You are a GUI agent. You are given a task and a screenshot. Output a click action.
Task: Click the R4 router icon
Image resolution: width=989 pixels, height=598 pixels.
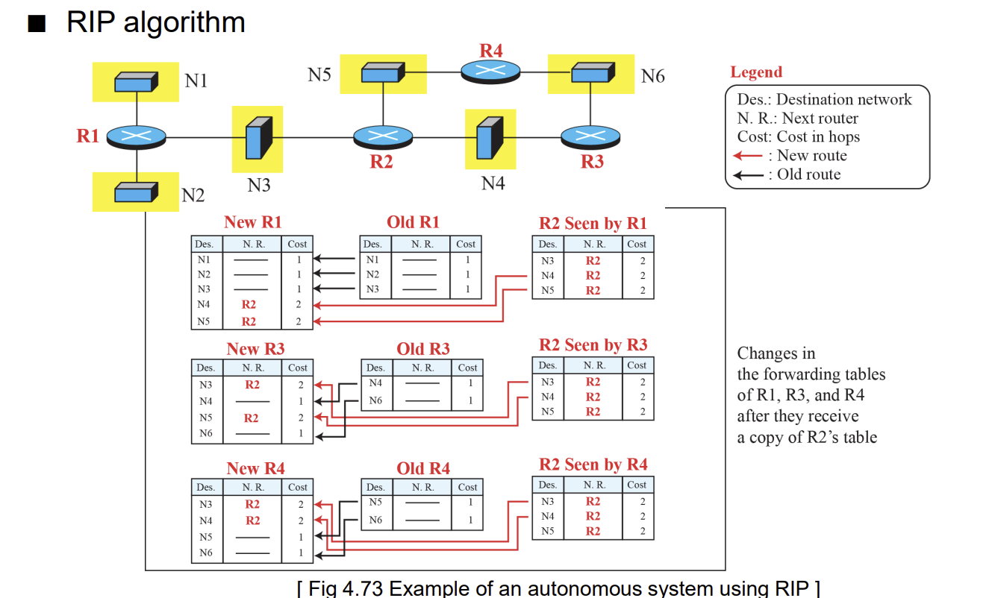tap(490, 72)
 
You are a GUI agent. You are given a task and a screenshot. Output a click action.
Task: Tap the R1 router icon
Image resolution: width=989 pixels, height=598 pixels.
tap(137, 137)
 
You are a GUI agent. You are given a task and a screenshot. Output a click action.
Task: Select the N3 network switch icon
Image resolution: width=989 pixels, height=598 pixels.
tap(258, 138)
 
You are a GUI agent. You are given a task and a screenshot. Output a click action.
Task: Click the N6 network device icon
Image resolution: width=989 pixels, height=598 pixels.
tap(593, 72)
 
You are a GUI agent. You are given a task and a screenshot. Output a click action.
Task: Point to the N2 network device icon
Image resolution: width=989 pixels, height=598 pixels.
tap(136, 192)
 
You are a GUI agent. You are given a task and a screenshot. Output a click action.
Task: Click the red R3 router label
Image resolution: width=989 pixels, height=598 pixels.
tap(592, 162)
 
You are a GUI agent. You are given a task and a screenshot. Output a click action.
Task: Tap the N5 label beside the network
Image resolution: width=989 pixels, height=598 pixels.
tap(319, 75)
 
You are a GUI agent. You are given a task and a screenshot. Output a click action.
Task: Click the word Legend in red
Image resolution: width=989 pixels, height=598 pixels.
tap(756, 72)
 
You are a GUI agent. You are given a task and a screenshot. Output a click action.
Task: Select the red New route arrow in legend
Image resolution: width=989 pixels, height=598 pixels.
tap(747, 156)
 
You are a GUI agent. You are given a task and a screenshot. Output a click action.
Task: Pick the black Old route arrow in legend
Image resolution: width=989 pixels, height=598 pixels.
tap(747, 175)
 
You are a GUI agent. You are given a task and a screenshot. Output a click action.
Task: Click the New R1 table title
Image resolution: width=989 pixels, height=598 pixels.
tap(252, 222)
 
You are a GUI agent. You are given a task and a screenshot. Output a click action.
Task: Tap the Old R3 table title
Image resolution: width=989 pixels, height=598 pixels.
tap(423, 349)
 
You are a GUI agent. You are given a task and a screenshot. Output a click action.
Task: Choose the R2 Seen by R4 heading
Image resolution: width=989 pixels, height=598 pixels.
tap(593, 465)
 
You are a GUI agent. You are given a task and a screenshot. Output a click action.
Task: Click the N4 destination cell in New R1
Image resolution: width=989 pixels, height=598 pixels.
tap(204, 304)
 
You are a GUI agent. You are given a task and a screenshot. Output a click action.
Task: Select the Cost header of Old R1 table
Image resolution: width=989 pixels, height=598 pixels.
tap(466, 244)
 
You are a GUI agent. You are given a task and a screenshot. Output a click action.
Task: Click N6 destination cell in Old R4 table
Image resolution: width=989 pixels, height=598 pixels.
tap(375, 520)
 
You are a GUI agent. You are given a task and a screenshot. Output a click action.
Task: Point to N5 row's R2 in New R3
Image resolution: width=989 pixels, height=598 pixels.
tap(252, 418)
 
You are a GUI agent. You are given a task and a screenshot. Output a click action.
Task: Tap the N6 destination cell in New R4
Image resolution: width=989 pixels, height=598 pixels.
tap(206, 553)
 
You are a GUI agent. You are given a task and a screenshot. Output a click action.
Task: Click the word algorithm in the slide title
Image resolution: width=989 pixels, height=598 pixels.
tap(184, 22)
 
